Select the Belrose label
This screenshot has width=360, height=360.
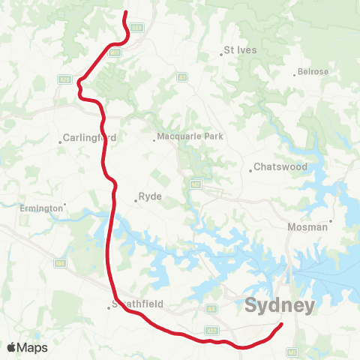[313, 72]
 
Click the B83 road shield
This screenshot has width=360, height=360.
[137, 27]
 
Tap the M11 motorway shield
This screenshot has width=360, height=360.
[114, 52]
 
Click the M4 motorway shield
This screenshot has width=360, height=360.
[58, 262]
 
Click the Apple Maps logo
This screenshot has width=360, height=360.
[27, 347]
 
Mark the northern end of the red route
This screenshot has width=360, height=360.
[124, 13]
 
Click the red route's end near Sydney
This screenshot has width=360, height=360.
[282, 324]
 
